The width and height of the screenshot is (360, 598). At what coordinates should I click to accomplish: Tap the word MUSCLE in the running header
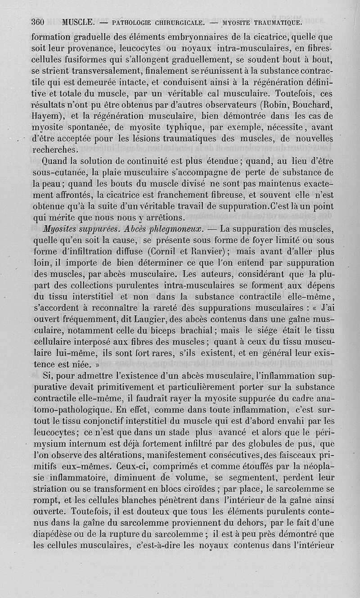tap(78, 21)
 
